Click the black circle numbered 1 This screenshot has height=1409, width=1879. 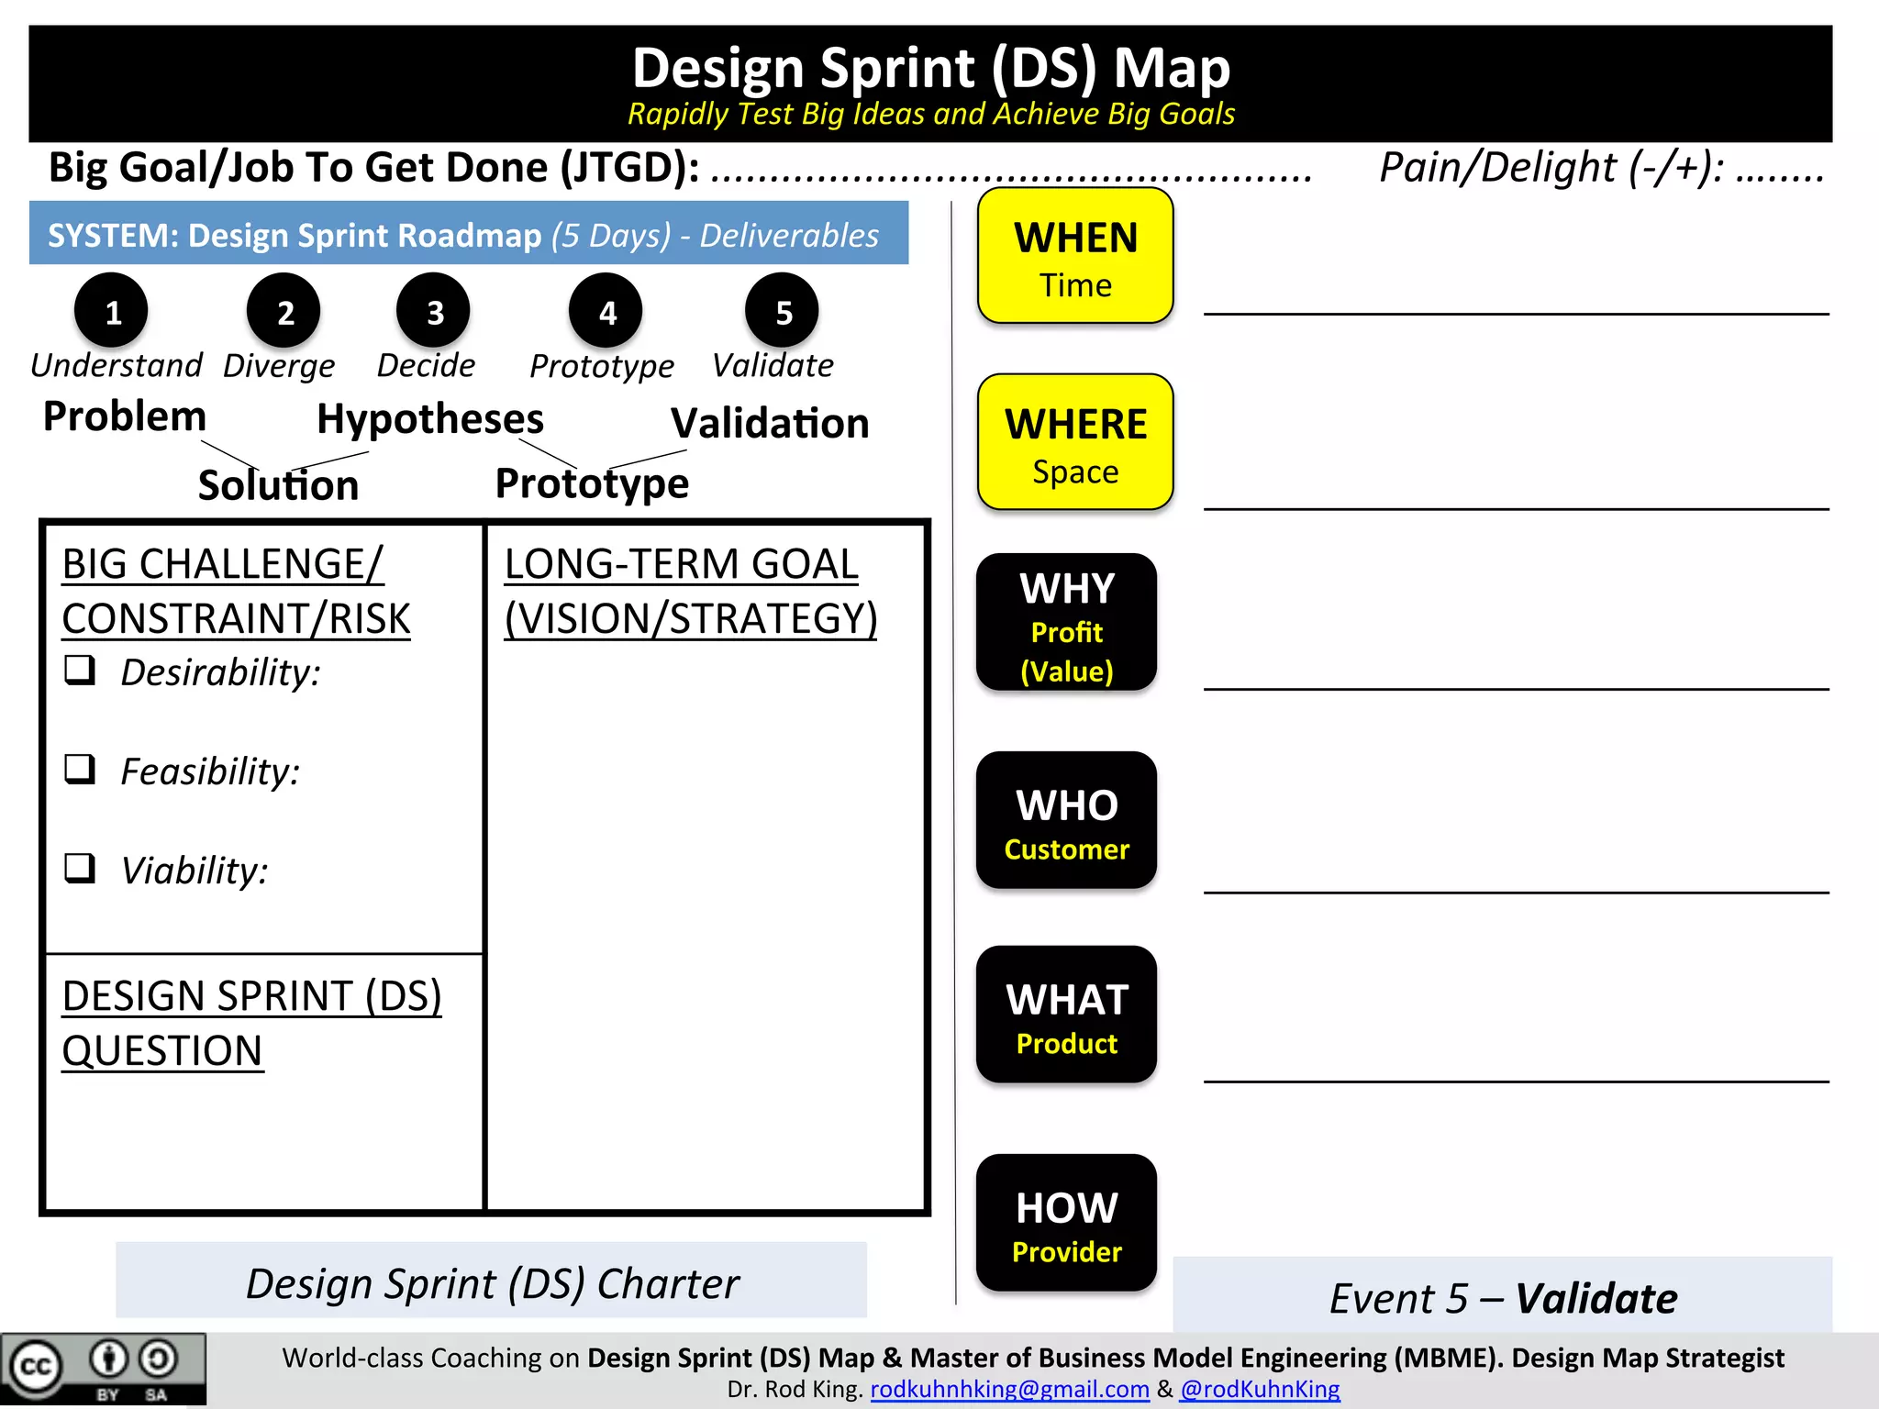(112, 312)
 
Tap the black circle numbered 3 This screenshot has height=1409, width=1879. (434, 312)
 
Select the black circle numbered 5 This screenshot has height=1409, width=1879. (783, 312)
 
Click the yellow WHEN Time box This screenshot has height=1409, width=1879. (1075, 257)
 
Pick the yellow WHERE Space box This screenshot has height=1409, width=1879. (1075, 443)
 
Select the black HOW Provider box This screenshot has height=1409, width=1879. (1066, 1224)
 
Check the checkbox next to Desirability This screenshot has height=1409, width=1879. (80, 671)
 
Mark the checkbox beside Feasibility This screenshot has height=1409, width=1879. (80, 769)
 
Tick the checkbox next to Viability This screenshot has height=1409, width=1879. (80, 868)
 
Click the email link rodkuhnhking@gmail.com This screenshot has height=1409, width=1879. (1009, 1390)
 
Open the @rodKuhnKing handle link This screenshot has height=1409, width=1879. (1260, 1390)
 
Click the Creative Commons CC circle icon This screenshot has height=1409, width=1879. (36, 1368)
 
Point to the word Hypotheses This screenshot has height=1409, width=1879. (430, 419)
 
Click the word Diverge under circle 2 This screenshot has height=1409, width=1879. (279, 366)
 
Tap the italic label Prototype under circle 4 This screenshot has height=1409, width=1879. (602, 366)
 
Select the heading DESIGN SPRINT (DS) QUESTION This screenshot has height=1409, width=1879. (251, 1023)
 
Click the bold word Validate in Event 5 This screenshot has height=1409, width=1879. (1596, 1299)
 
